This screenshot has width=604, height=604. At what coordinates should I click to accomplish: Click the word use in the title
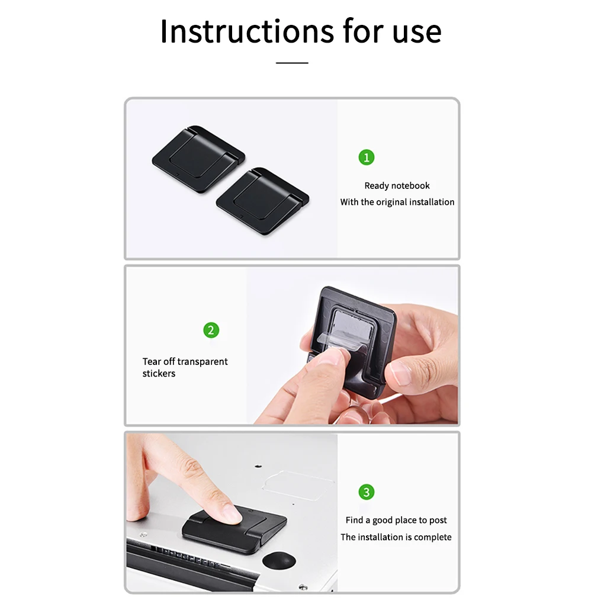417,32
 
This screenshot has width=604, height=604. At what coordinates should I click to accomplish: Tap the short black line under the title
292,62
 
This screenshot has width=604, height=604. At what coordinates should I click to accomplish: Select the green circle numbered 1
367,158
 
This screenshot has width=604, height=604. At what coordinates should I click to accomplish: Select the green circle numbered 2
211,330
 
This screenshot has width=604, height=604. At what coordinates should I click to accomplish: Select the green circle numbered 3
367,492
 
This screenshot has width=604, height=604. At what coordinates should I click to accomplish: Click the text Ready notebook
397,186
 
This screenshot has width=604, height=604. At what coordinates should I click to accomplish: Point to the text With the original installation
397,202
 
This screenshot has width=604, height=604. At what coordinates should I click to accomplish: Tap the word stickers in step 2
159,374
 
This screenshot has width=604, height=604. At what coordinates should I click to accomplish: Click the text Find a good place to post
396,520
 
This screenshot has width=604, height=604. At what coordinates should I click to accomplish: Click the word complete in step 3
433,537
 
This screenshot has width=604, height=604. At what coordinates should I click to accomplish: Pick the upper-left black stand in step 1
198,151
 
